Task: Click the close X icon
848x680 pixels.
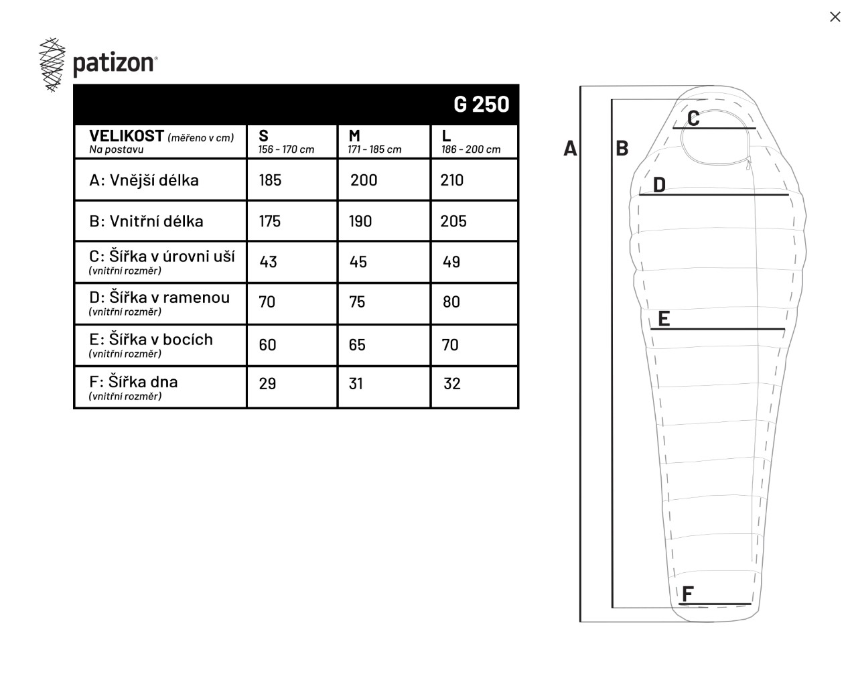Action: (x=835, y=17)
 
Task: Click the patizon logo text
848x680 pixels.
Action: (x=114, y=64)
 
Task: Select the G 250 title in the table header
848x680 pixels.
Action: (x=481, y=105)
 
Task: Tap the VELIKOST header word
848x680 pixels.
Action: (x=127, y=136)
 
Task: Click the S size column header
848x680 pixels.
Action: (x=263, y=136)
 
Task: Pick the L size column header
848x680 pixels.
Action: (x=446, y=136)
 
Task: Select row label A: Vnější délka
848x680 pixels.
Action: (x=144, y=180)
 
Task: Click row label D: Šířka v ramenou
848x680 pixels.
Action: (x=159, y=297)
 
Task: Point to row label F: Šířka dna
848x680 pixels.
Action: (x=133, y=382)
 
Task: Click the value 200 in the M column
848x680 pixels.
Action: (x=364, y=180)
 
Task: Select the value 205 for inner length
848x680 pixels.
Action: (x=453, y=221)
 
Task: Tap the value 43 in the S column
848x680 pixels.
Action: (x=269, y=262)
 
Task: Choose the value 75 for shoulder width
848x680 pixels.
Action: (x=357, y=302)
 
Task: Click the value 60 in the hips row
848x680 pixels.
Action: (x=267, y=345)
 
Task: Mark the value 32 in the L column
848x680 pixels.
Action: (x=452, y=384)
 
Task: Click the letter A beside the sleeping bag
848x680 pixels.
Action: (x=570, y=148)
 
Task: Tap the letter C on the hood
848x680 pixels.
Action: (x=693, y=119)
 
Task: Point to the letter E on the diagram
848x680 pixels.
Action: (x=664, y=319)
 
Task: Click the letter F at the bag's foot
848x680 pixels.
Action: (x=687, y=594)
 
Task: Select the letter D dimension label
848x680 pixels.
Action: (x=659, y=185)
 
